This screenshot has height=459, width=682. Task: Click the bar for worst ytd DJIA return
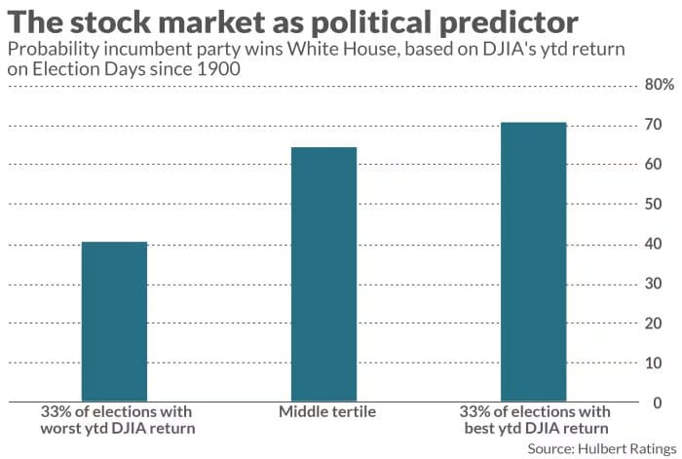coord(114,322)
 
